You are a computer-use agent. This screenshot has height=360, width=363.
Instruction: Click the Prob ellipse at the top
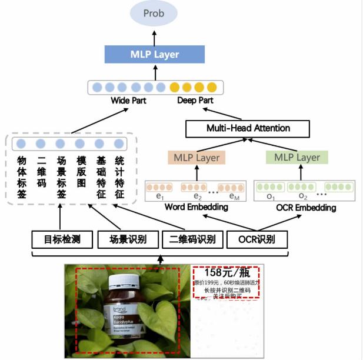(x=155, y=14)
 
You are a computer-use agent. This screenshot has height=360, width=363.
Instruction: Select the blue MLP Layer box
(x=155, y=55)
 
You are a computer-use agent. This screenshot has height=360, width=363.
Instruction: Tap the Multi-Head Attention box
(x=248, y=128)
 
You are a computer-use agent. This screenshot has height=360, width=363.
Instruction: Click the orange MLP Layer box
(x=197, y=157)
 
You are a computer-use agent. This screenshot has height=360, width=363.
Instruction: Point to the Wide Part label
(x=128, y=101)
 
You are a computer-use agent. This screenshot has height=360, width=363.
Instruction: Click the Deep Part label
(x=195, y=101)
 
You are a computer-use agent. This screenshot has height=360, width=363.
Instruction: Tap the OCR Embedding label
(x=297, y=208)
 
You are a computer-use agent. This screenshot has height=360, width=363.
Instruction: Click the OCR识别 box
(x=256, y=239)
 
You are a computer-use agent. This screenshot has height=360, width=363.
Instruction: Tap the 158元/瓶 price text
(x=227, y=272)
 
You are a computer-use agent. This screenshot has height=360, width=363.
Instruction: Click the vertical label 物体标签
(x=22, y=177)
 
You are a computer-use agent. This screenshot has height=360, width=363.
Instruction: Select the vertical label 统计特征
(x=119, y=177)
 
